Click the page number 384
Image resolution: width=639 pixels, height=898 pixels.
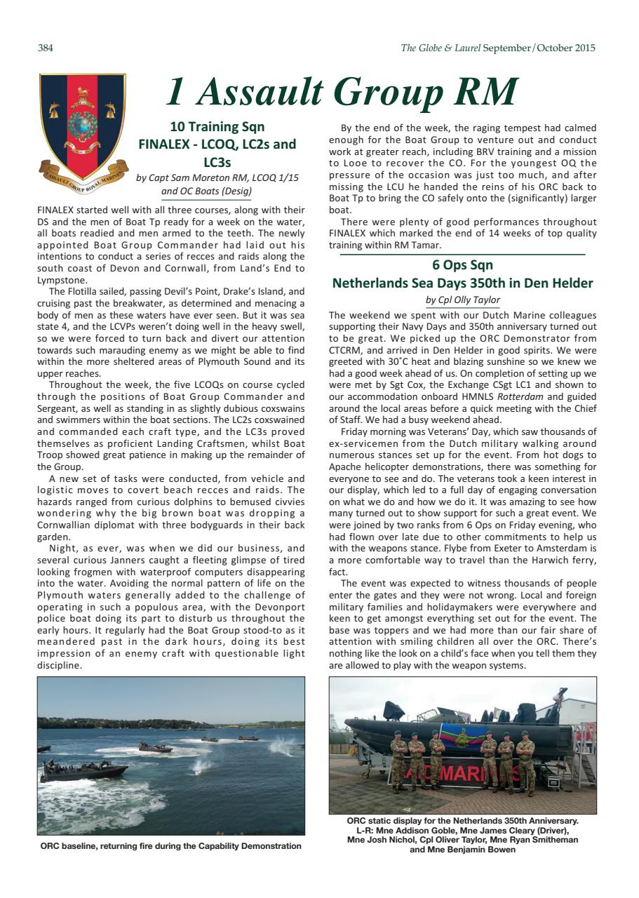pos(46,48)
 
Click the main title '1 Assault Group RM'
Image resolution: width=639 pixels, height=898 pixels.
pos(341,93)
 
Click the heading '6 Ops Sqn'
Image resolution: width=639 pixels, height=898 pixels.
pos(462,265)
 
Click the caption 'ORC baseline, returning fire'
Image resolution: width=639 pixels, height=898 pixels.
pos(170,846)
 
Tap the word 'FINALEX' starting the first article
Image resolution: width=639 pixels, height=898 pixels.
pos(59,210)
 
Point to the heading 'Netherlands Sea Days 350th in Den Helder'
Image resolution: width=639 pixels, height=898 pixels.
pos(462,283)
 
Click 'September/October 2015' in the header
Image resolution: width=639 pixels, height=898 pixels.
pos(539,48)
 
